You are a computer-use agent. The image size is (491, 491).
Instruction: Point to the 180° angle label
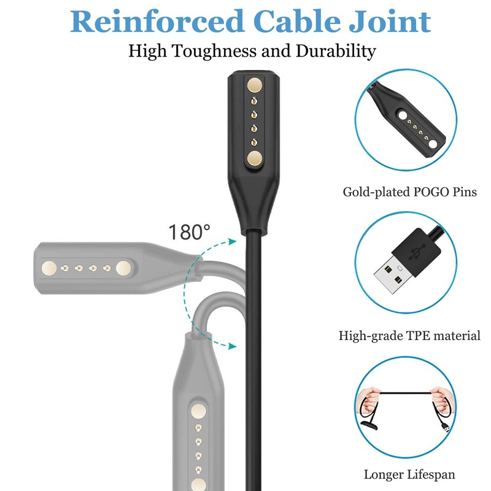click(x=189, y=233)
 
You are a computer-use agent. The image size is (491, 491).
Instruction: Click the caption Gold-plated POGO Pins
click(x=410, y=193)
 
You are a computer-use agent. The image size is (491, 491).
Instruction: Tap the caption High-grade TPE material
click(x=409, y=336)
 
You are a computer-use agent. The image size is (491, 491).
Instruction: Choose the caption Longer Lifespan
click(x=409, y=474)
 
